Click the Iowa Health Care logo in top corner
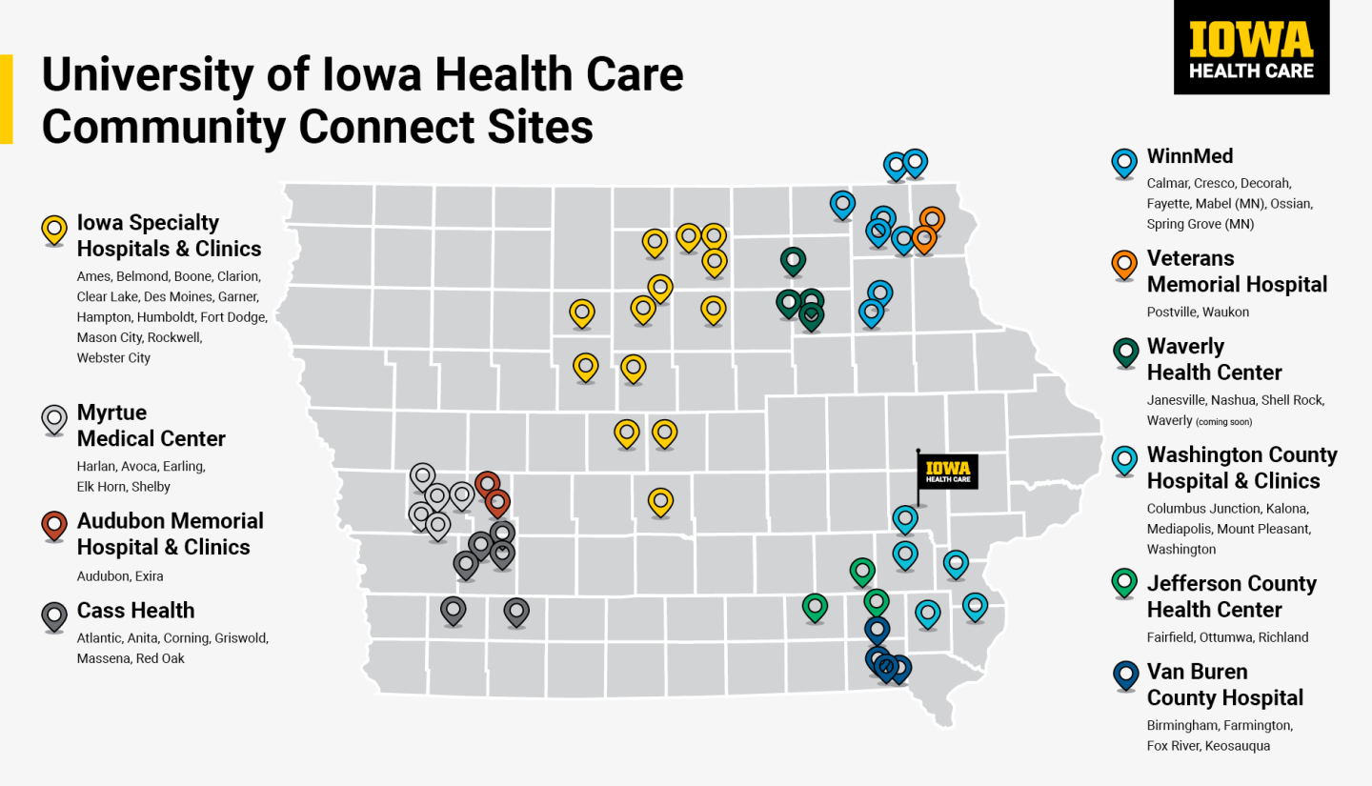click(x=1251, y=48)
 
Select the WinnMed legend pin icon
click(x=1125, y=163)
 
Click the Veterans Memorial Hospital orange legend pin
click(x=1125, y=266)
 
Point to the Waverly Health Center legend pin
click(x=1125, y=353)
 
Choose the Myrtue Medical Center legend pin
click(x=54, y=419)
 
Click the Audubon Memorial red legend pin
click(x=54, y=527)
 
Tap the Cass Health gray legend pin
click(x=54, y=616)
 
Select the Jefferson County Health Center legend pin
click(x=1125, y=582)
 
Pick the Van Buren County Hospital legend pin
click(x=1125, y=676)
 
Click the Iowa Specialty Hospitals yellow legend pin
click(x=54, y=230)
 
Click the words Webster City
click(x=113, y=358)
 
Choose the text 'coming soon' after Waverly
click(x=1224, y=421)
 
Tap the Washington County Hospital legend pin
click(x=1125, y=461)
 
